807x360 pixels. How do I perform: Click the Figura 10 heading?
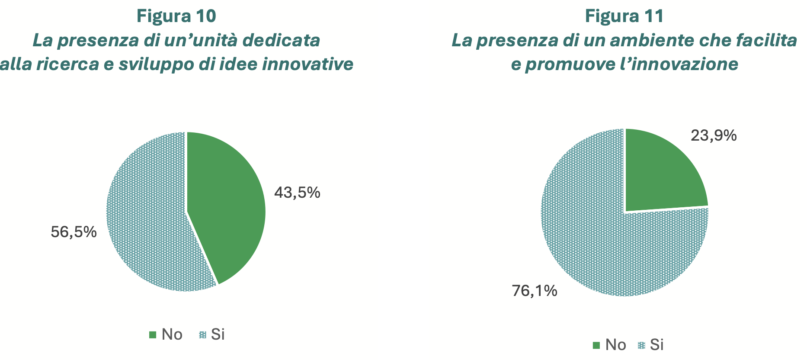click(176, 16)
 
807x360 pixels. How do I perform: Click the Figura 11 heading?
click(624, 16)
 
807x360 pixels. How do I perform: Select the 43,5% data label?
click(297, 193)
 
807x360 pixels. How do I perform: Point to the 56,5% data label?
click(74, 232)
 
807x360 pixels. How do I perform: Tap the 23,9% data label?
click(714, 136)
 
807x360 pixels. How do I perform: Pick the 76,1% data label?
click(535, 291)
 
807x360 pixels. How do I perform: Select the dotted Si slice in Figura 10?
click(147, 216)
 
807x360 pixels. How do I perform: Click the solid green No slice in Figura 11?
click(662, 173)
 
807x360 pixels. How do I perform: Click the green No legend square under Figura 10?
click(152, 335)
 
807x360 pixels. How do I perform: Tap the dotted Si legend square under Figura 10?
click(202, 335)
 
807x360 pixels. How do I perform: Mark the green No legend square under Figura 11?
click(596, 345)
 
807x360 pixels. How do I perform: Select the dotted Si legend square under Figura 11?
click(641, 345)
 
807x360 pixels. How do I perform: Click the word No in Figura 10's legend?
click(172, 334)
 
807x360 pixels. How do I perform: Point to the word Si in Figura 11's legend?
click(656, 344)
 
